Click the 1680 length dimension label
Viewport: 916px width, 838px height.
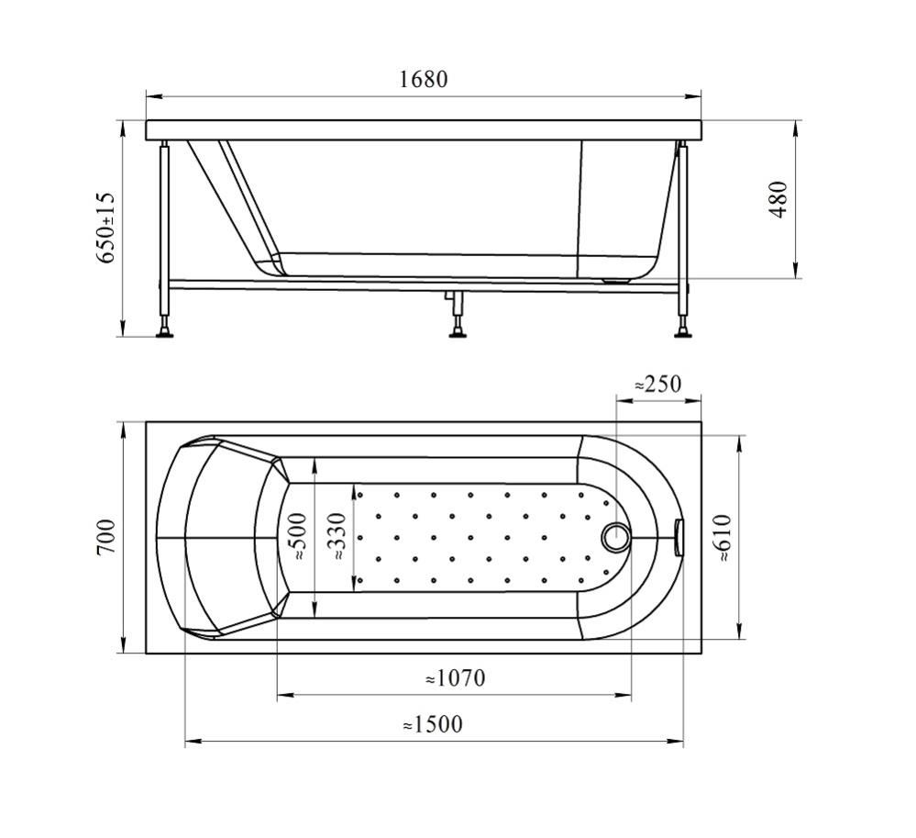[424, 79]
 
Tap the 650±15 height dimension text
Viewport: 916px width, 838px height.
[107, 228]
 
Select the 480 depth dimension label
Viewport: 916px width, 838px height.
[779, 200]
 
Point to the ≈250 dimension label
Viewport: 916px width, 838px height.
[657, 385]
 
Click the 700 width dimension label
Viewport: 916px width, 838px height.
[107, 537]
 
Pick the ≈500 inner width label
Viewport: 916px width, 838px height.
[299, 536]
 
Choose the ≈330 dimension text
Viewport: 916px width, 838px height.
[337, 536]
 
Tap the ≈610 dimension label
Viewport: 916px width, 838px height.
[723, 538]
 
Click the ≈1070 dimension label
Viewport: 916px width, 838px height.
[455, 677]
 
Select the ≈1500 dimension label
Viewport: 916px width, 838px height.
[432, 724]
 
